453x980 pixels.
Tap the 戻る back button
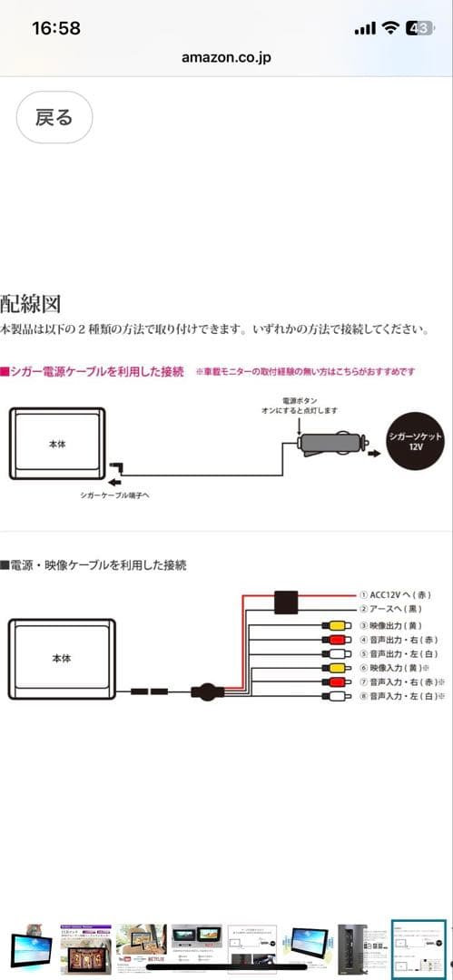(54, 117)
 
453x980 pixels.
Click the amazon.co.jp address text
(226, 57)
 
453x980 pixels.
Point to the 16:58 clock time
(56, 27)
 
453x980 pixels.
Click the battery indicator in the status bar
(419, 28)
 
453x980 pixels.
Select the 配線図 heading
(31, 303)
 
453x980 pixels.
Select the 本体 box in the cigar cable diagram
(57, 445)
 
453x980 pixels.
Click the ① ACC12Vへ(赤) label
(394, 594)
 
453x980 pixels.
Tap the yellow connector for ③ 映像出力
(334, 626)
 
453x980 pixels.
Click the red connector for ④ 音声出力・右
(334, 640)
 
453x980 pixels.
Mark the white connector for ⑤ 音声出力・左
(334, 653)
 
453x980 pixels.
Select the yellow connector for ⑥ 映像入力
(334, 668)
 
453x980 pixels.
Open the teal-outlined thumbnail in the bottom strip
(419, 946)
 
